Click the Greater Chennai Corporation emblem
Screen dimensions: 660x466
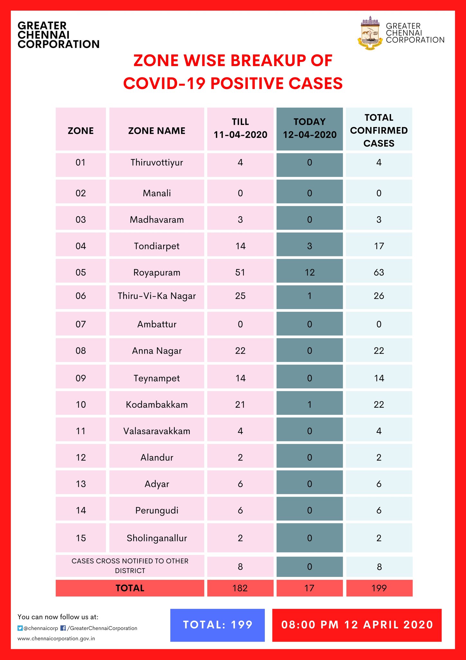(370, 33)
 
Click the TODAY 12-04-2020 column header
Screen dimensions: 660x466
(310, 129)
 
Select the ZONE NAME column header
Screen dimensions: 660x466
(157, 131)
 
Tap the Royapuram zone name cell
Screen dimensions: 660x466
(157, 272)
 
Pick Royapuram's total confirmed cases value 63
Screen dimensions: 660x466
(379, 272)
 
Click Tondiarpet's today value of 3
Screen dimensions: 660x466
(310, 246)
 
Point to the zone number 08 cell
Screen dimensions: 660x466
(81, 350)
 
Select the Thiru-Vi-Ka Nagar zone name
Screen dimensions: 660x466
(157, 296)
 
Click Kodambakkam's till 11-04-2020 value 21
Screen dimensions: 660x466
(240, 404)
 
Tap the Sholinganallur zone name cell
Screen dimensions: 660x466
(157, 538)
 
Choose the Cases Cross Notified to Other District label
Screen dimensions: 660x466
(130, 566)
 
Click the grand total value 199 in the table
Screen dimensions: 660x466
(379, 588)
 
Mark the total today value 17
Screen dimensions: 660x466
(310, 588)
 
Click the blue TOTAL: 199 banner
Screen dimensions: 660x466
(218, 625)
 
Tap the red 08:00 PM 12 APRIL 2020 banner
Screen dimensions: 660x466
(357, 625)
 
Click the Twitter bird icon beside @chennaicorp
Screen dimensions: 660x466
(20, 628)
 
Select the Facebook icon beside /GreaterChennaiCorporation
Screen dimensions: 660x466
(63, 628)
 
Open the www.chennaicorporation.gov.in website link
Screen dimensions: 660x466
(56, 638)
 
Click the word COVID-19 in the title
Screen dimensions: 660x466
(164, 83)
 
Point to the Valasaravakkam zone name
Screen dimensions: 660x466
(157, 431)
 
